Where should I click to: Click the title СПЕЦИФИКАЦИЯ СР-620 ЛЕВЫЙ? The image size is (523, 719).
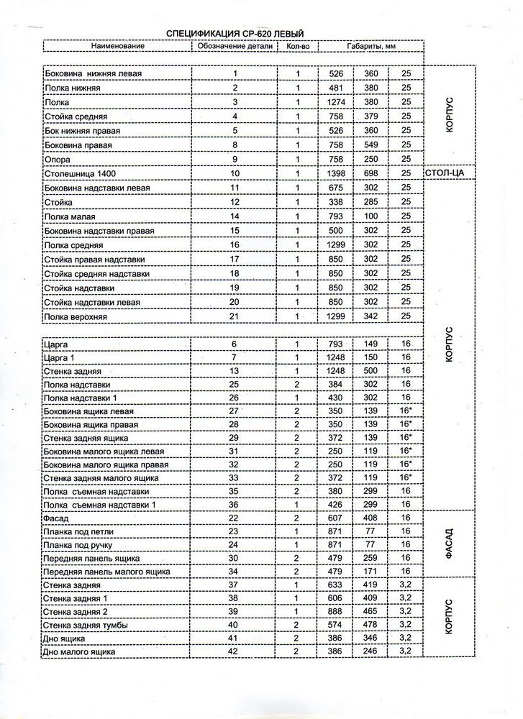[235, 33]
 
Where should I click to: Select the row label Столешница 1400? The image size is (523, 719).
[80, 174]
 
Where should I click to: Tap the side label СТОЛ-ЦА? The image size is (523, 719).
[448, 174]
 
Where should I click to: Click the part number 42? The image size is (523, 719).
[235, 652]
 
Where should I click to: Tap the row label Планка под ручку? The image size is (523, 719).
[78, 545]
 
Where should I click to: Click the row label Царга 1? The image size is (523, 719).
[60, 358]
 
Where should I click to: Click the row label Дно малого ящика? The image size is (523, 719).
[80, 652]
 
